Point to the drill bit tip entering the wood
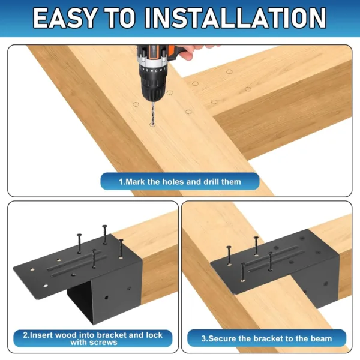(x=151, y=124)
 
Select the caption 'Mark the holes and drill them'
(x=179, y=181)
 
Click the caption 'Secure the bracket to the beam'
(x=267, y=338)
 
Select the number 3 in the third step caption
(x=203, y=338)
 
